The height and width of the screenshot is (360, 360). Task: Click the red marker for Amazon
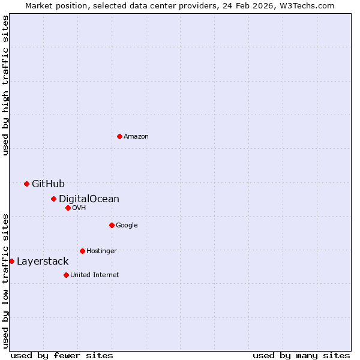pos(119,137)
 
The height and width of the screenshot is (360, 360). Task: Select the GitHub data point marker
pos(26,184)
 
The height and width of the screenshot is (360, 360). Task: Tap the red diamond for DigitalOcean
pos(53,199)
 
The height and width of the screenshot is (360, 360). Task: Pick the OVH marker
pos(68,208)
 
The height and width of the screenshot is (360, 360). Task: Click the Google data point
pos(112,225)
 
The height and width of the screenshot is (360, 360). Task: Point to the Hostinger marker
pos(82,251)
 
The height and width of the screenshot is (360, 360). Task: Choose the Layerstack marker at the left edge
pos(11,261)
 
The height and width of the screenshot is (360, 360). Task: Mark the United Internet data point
pos(66,275)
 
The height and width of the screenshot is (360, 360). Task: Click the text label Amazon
pos(136,137)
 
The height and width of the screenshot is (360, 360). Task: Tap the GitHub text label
pos(48,184)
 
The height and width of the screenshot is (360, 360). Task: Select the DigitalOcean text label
pos(89,199)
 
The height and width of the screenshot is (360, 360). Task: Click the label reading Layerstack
pos(43,262)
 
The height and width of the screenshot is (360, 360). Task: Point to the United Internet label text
pos(94,275)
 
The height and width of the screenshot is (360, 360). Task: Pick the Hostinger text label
pos(101,251)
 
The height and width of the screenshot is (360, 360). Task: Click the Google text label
pos(127,226)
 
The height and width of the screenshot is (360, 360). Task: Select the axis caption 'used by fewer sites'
pos(62,355)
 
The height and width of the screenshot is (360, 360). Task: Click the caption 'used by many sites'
pos(301,355)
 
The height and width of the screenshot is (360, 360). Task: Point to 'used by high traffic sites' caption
pos(5,85)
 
